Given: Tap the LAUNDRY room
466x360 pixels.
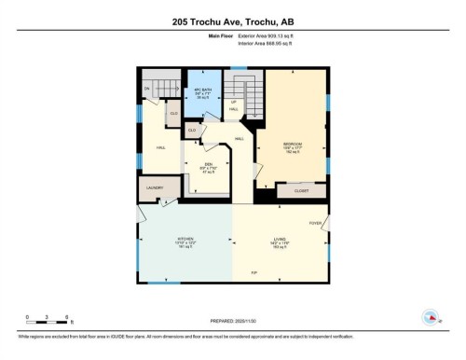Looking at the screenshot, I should tap(155, 187).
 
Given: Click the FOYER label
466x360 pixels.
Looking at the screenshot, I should tap(316, 223).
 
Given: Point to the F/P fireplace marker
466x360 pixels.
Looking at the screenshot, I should tap(253, 271).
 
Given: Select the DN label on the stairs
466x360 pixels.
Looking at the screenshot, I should tap(147, 89).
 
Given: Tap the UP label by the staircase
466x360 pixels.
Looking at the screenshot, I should tap(235, 102).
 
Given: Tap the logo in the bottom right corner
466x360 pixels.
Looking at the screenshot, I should tap(431, 317).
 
